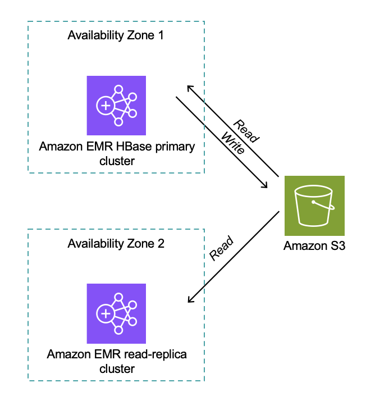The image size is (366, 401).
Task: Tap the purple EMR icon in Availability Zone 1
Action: click(116, 105)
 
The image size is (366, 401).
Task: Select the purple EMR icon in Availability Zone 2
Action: click(116, 313)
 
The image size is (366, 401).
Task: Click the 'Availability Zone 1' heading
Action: click(116, 35)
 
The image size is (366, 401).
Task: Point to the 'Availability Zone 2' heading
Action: click(116, 244)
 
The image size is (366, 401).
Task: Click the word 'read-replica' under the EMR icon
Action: click(158, 355)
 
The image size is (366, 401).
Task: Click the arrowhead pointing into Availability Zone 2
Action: click(189, 298)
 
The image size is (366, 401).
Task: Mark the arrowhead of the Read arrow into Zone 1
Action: click(189, 88)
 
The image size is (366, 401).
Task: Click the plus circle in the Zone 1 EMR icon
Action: click(105, 106)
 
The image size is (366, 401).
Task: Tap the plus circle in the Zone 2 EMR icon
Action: click(105, 313)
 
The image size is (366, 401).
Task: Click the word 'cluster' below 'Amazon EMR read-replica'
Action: click(116, 369)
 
